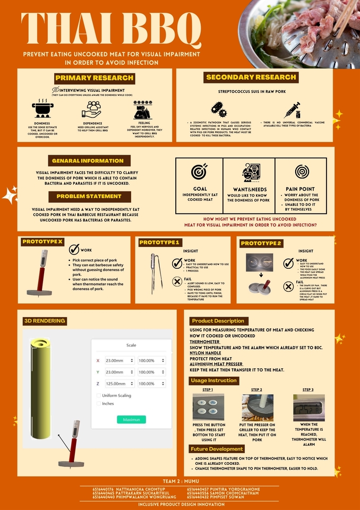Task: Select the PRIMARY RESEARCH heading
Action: coord(95,78)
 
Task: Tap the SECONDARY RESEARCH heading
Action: coord(251,77)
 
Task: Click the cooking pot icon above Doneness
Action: coord(43,109)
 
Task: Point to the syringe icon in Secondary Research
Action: coord(292,110)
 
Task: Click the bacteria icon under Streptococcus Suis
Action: coord(218,109)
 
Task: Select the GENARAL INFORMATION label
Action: coord(88,160)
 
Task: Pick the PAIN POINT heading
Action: coord(300,189)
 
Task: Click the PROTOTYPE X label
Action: coord(42,242)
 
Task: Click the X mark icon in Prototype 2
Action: coord(288,286)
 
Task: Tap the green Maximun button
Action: coord(131,420)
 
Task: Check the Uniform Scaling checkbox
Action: coord(99,395)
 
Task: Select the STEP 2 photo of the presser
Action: coord(257,407)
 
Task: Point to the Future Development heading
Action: coord(217,449)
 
